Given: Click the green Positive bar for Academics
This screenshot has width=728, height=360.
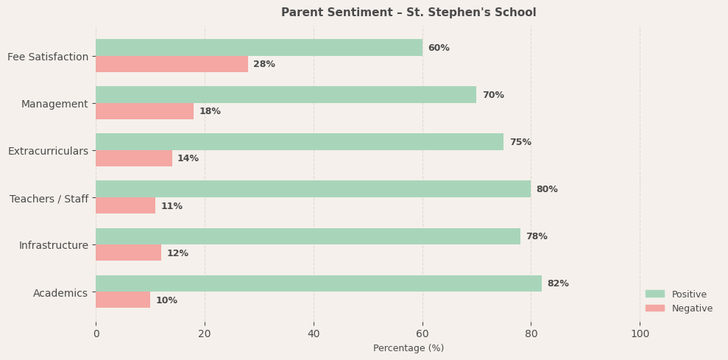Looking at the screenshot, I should (x=318, y=283).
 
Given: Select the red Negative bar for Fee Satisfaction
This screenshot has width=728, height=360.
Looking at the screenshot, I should (x=172, y=64).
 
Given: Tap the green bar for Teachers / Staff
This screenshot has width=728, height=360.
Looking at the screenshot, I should (x=313, y=189).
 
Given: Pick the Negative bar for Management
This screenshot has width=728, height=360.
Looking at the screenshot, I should (x=144, y=111).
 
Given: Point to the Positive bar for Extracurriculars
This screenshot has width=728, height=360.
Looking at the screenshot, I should (x=300, y=142).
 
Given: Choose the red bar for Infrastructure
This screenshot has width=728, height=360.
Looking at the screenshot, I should (x=128, y=253).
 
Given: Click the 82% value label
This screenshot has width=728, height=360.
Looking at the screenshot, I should (x=558, y=283).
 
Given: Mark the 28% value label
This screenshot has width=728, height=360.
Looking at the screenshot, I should (x=264, y=64).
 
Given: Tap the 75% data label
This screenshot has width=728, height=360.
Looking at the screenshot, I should (x=520, y=142).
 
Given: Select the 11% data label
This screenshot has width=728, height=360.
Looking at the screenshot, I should (x=172, y=206).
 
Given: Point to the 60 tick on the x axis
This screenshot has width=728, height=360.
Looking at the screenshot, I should (x=423, y=333).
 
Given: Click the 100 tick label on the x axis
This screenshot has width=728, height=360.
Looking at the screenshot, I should (x=640, y=333).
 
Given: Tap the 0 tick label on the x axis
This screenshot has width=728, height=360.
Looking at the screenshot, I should (x=96, y=333).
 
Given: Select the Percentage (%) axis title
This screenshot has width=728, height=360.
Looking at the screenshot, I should (x=409, y=348).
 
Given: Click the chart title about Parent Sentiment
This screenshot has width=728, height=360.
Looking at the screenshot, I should (x=409, y=13).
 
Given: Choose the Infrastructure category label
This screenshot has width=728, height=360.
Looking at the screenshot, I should (x=54, y=245).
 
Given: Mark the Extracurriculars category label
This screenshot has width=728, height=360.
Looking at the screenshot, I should (x=48, y=151).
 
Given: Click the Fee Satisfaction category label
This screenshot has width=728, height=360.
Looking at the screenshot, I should (x=48, y=57).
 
